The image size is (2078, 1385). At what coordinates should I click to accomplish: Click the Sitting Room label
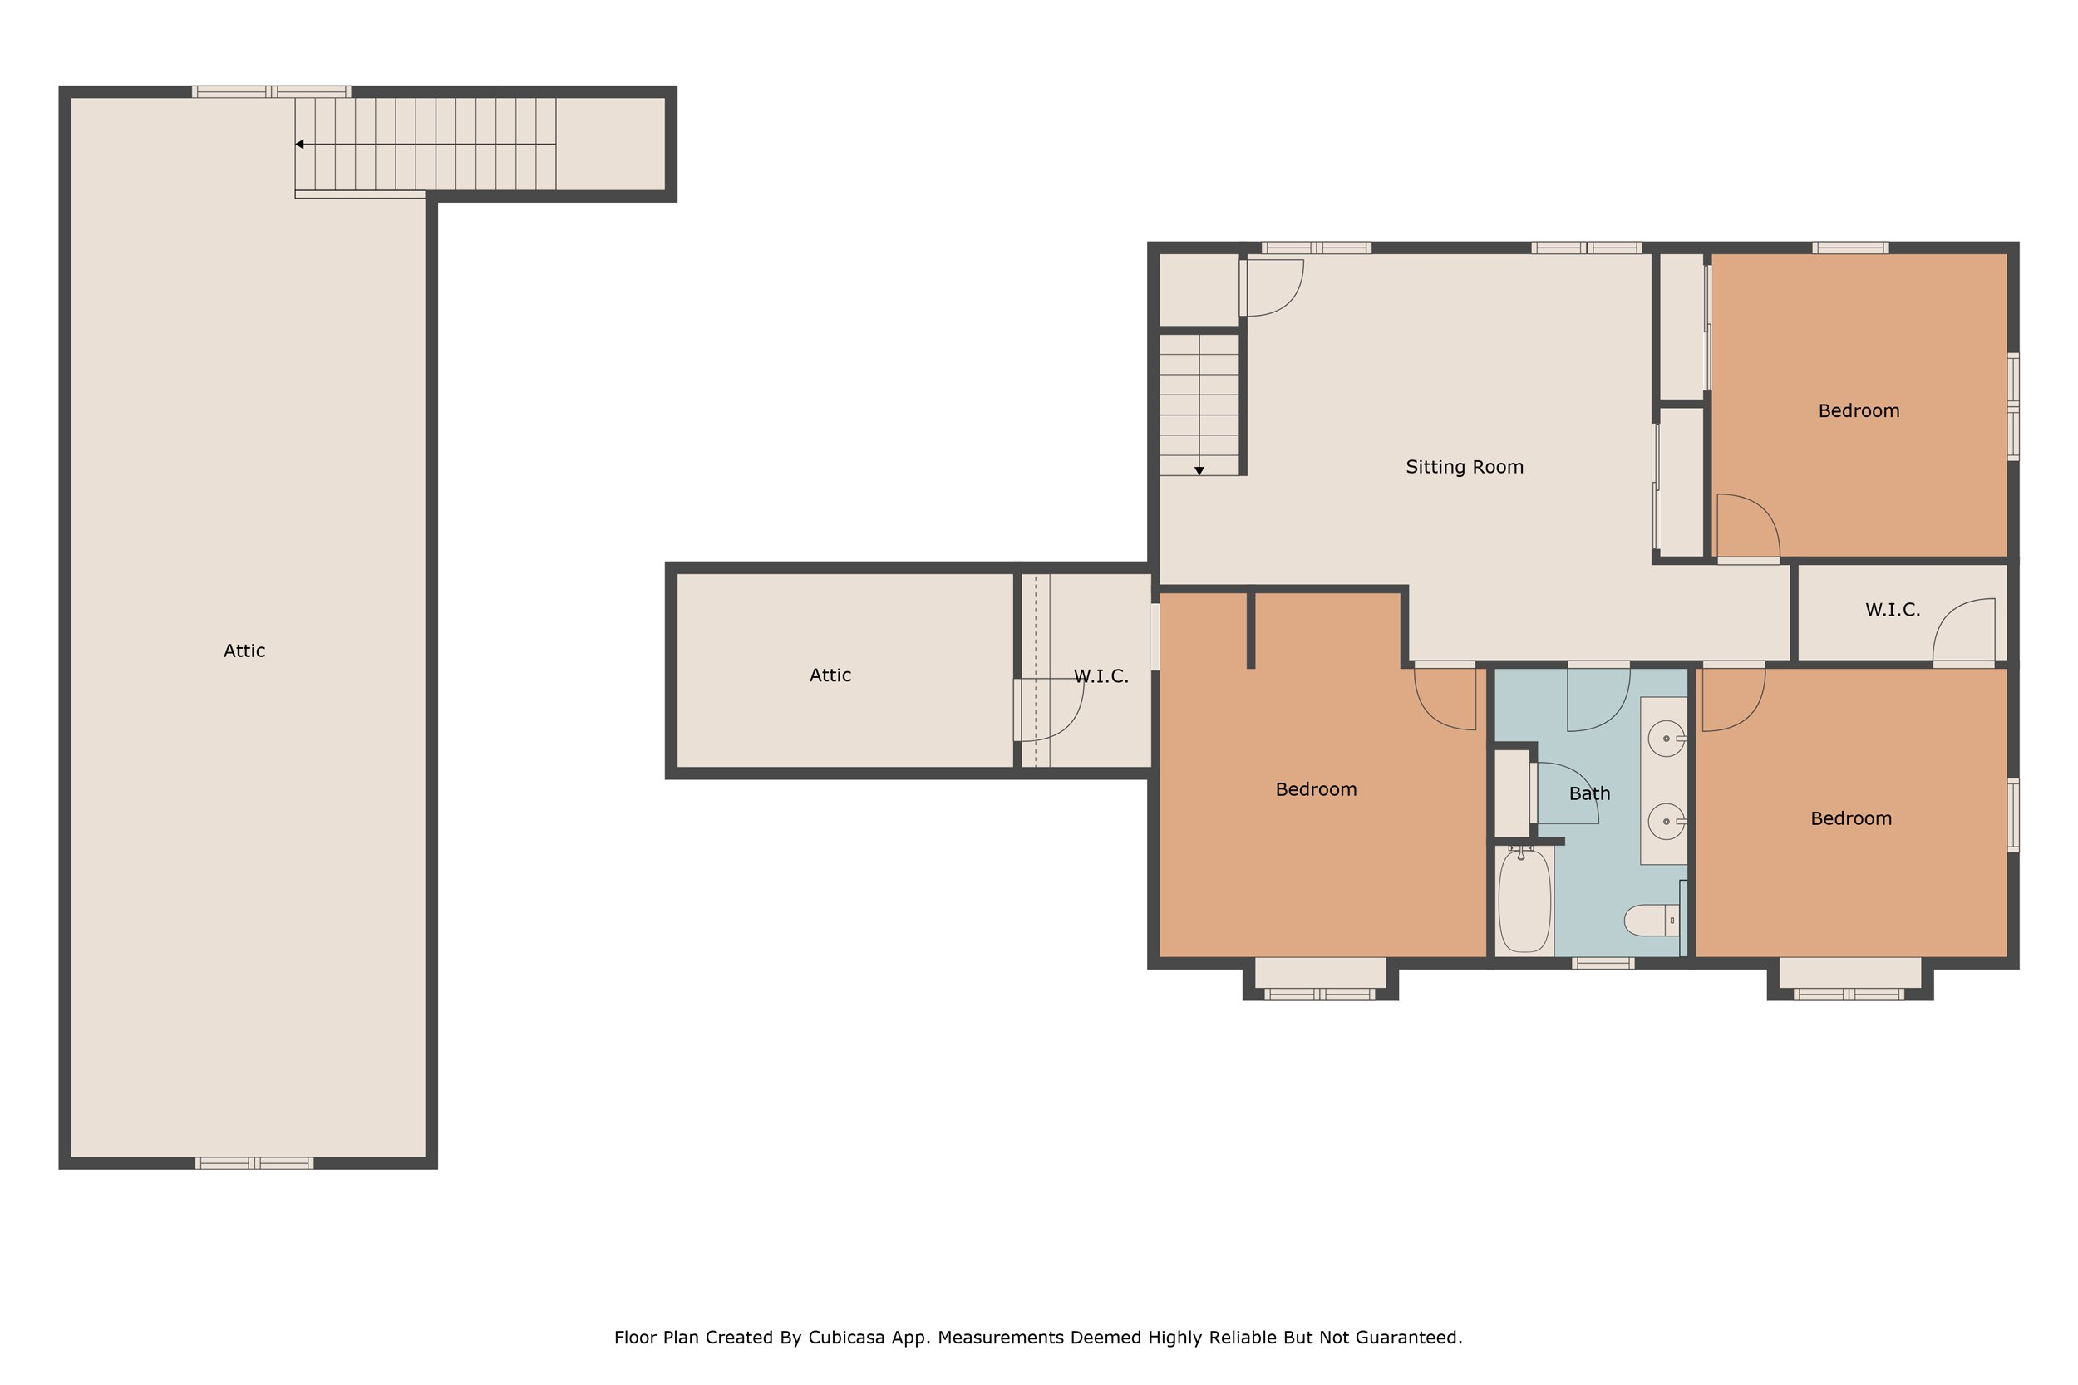point(1464,467)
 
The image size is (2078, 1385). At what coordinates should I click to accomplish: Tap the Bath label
point(1589,794)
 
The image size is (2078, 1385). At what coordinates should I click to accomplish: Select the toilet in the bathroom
point(1652,921)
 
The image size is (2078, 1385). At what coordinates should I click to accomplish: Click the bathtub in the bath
point(1524,899)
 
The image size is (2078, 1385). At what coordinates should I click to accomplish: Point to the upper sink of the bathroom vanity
point(1667,739)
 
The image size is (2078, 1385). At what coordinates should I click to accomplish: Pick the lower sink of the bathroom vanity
point(1667,822)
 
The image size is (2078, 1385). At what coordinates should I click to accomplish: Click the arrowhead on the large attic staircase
point(299,144)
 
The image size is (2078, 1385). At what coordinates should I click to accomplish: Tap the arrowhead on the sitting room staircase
point(1199,471)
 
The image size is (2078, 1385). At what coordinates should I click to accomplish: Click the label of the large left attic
point(244,651)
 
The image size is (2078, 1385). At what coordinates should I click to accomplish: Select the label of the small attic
point(830,675)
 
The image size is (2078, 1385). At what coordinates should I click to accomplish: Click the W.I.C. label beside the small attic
point(1101,676)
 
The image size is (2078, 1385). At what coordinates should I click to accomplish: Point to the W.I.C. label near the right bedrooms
point(1893,611)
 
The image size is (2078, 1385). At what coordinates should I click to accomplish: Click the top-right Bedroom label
point(1859,410)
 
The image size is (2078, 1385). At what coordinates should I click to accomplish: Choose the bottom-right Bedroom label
point(1851,819)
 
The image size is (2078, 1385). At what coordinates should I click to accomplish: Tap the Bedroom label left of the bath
point(1316,789)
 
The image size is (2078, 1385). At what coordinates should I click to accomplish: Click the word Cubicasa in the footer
point(846,1338)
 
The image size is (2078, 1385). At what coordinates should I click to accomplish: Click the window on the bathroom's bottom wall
point(1603,964)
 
